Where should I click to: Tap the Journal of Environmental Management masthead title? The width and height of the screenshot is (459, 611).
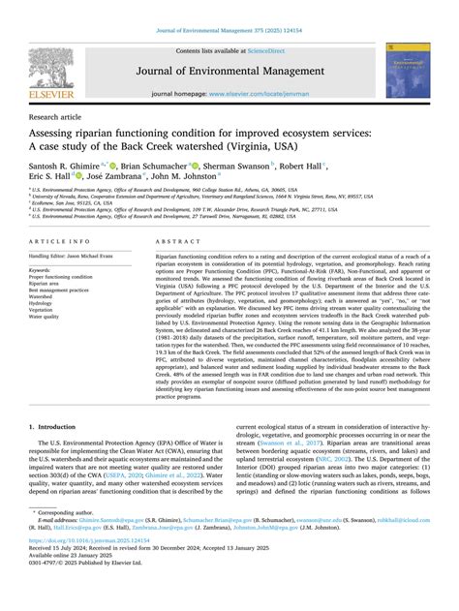tap(229, 70)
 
